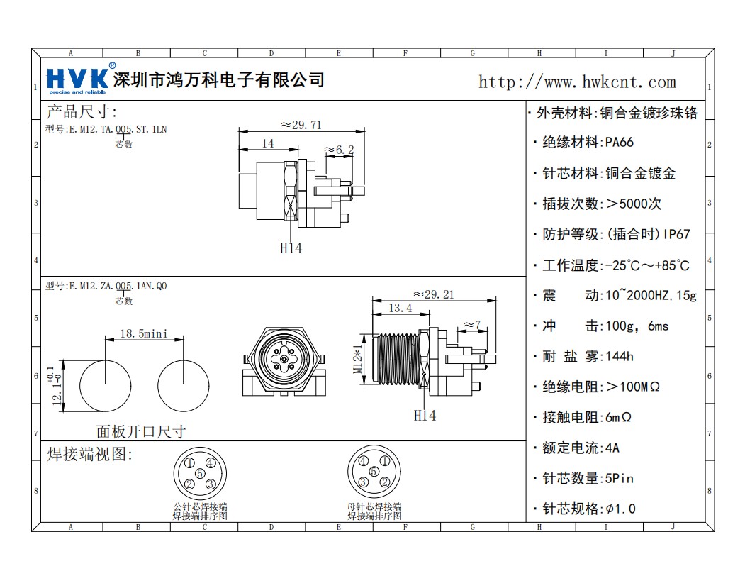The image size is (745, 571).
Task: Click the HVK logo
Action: (77, 79)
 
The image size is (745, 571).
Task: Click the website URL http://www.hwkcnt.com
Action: (577, 82)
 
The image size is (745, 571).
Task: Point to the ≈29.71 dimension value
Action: (301, 125)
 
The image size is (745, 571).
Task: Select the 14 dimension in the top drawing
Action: (268, 143)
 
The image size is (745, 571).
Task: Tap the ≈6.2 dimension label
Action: (339, 150)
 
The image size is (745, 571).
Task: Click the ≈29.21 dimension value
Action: (434, 294)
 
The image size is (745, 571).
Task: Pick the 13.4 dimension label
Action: (400, 308)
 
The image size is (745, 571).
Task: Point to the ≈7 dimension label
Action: (472, 325)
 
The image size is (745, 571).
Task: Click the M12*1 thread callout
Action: (358, 359)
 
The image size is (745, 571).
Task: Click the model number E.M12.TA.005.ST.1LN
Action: (106, 129)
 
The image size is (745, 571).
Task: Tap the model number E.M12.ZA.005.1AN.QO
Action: (106, 286)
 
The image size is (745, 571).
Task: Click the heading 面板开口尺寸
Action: (141, 431)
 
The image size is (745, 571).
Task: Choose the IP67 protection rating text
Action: (677, 234)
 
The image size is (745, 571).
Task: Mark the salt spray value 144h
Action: (620, 356)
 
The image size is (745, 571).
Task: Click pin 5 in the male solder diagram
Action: (200, 473)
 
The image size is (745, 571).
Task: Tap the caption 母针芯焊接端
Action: (374, 506)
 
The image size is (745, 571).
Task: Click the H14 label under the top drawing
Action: (291, 248)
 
